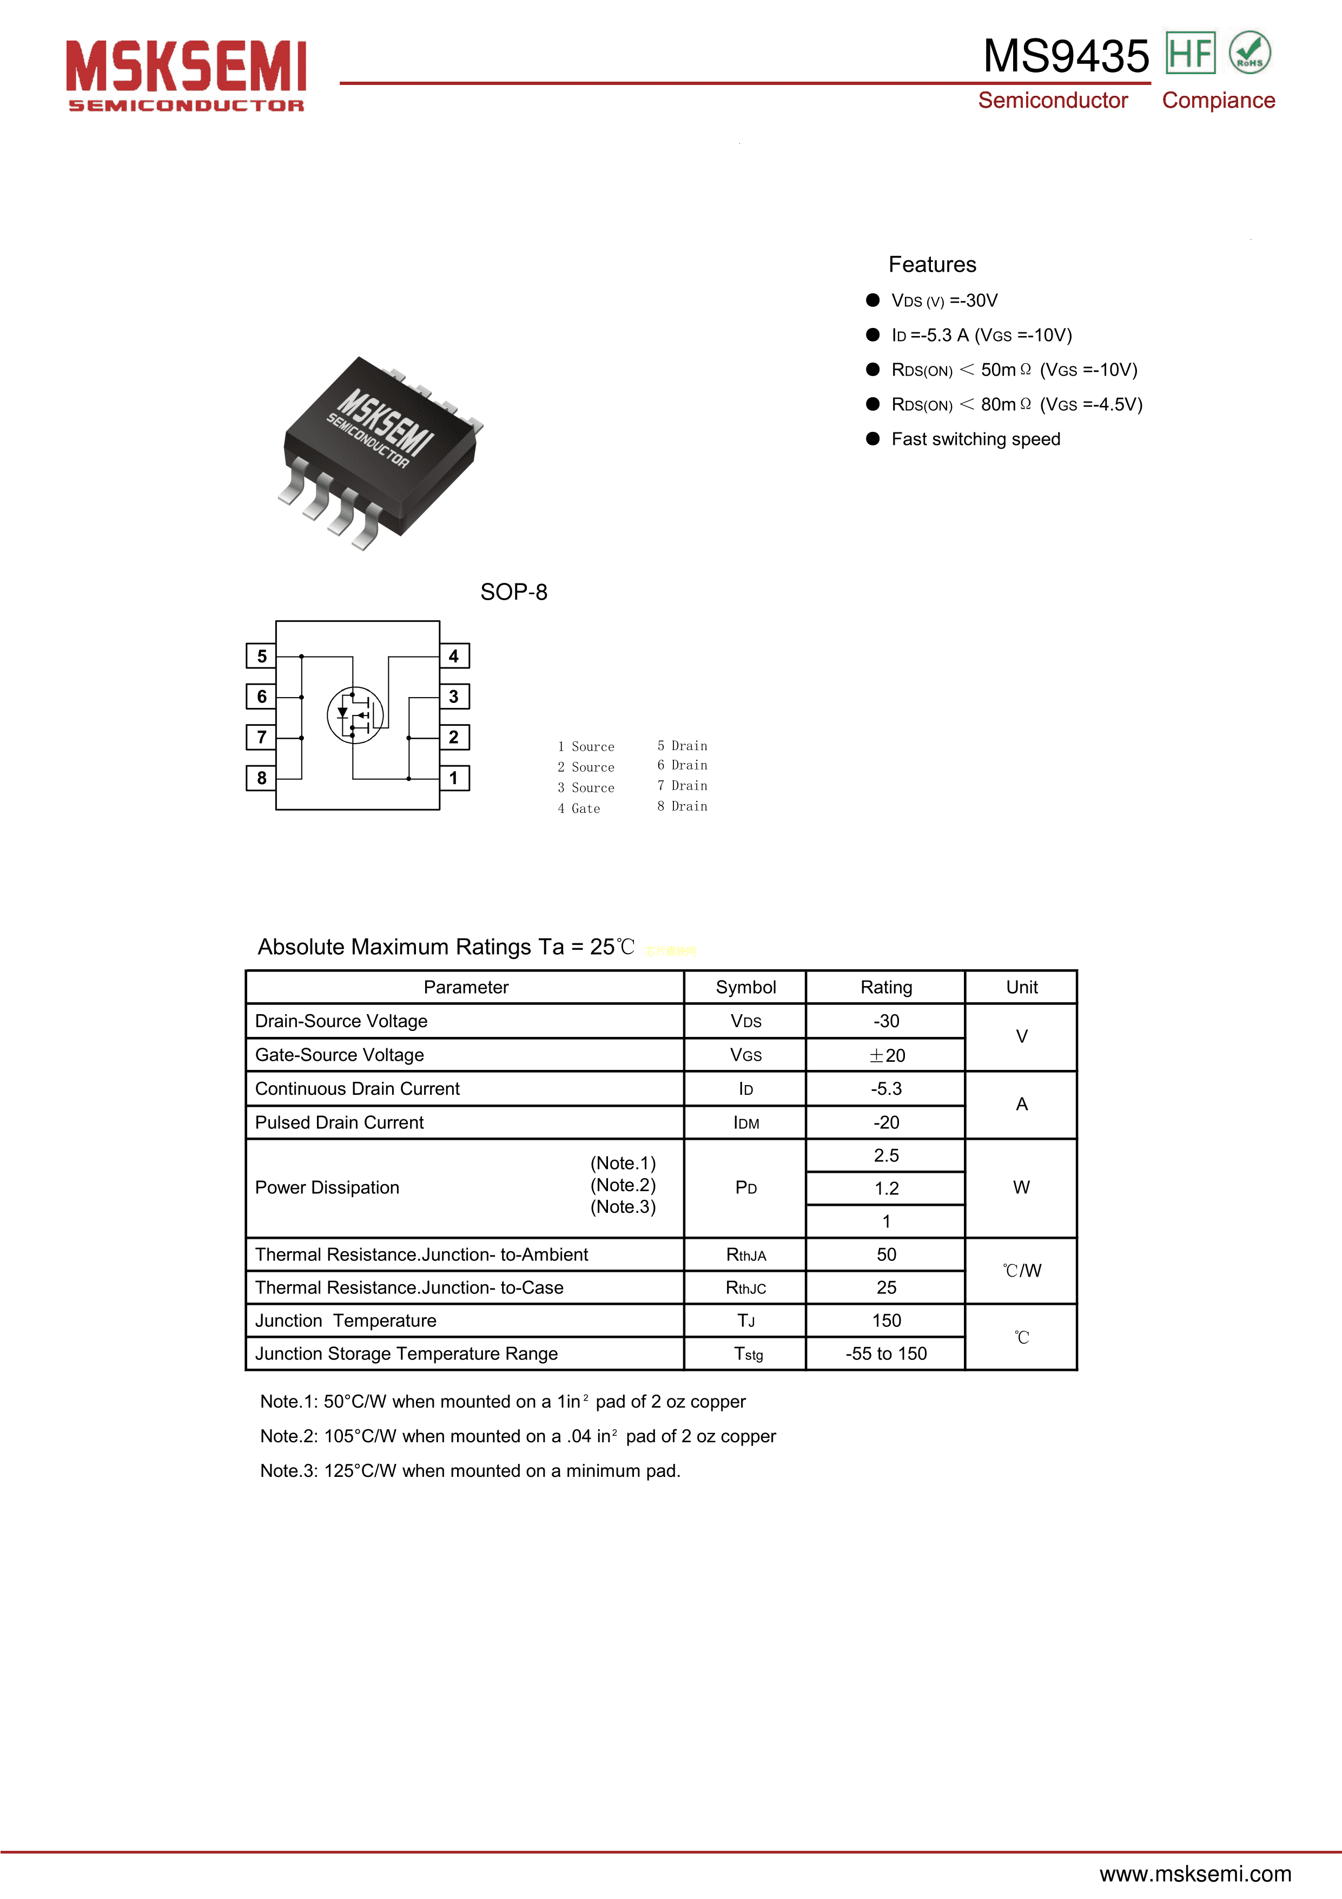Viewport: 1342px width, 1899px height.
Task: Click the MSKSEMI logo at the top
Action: pyautogui.click(x=186, y=75)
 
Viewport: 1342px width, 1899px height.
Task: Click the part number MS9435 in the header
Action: pyautogui.click(x=1066, y=56)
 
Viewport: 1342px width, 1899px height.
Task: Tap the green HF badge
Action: pyautogui.click(x=1190, y=53)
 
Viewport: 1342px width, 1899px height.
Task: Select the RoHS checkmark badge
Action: pyautogui.click(x=1250, y=53)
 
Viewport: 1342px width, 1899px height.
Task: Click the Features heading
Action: pyautogui.click(x=932, y=265)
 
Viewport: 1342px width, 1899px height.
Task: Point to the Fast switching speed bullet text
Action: pyautogui.click(x=976, y=439)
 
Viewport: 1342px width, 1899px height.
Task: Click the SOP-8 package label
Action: pyautogui.click(x=513, y=592)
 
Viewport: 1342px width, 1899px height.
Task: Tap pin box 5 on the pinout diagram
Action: pyautogui.click(x=261, y=656)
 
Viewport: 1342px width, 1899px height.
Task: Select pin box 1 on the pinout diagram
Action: pyautogui.click(x=454, y=778)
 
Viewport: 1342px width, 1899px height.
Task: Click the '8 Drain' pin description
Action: pyautogui.click(x=682, y=806)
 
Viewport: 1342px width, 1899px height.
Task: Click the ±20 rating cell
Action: pyautogui.click(x=885, y=1055)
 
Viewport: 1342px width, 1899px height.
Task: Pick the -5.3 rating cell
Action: pyautogui.click(x=885, y=1088)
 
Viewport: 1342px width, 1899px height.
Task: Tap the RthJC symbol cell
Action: pyautogui.click(x=746, y=1288)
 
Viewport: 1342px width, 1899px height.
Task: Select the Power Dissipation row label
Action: pyautogui.click(x=327, y=1188)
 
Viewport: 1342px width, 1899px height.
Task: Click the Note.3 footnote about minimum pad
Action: pyautogui.click(x=470, y=1470)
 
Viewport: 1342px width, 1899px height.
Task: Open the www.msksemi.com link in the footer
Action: pyautogui.click(x=1195, y=1874)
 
